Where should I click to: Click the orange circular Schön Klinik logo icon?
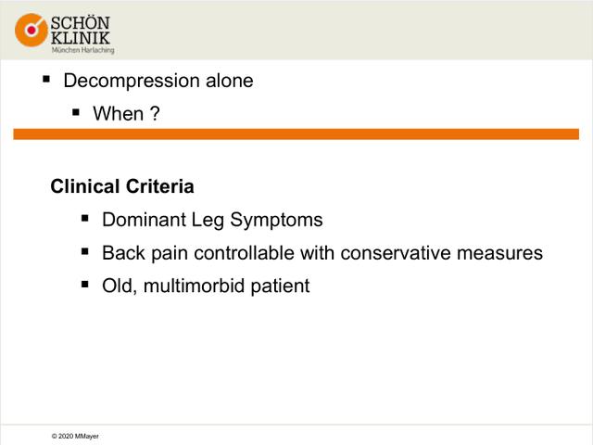[32, 30]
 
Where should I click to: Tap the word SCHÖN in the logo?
[81, 22]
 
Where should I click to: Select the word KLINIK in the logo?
[81, 38]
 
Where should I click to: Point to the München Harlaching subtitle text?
[82, 50]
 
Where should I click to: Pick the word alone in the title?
[229, 81]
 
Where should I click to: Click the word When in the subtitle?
[119, 113]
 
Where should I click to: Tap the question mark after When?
[155, 113]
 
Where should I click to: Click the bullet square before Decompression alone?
[46, 79]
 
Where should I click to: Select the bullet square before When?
[76, 112]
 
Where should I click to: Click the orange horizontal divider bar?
[296, 133]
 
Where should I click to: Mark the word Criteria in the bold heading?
[160, 186]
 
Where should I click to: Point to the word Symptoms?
[276, 221]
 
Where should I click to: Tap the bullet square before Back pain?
[85, 251]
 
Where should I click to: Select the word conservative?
[396, 253]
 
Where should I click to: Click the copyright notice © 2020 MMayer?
[75, 437]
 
